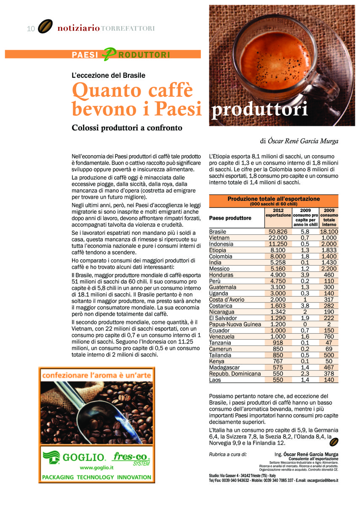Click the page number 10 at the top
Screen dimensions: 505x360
click(30, 29)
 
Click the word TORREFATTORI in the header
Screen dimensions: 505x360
click(128, 29)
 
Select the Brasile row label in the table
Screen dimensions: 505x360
click(218, 232)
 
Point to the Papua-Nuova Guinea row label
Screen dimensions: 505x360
click(235, 324)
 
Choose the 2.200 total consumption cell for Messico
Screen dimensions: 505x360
click(328, 269)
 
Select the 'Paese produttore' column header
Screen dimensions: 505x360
click(230, 218)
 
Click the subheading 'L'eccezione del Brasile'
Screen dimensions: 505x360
click(109, 75)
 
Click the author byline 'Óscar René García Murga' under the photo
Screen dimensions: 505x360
click(303, 141)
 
